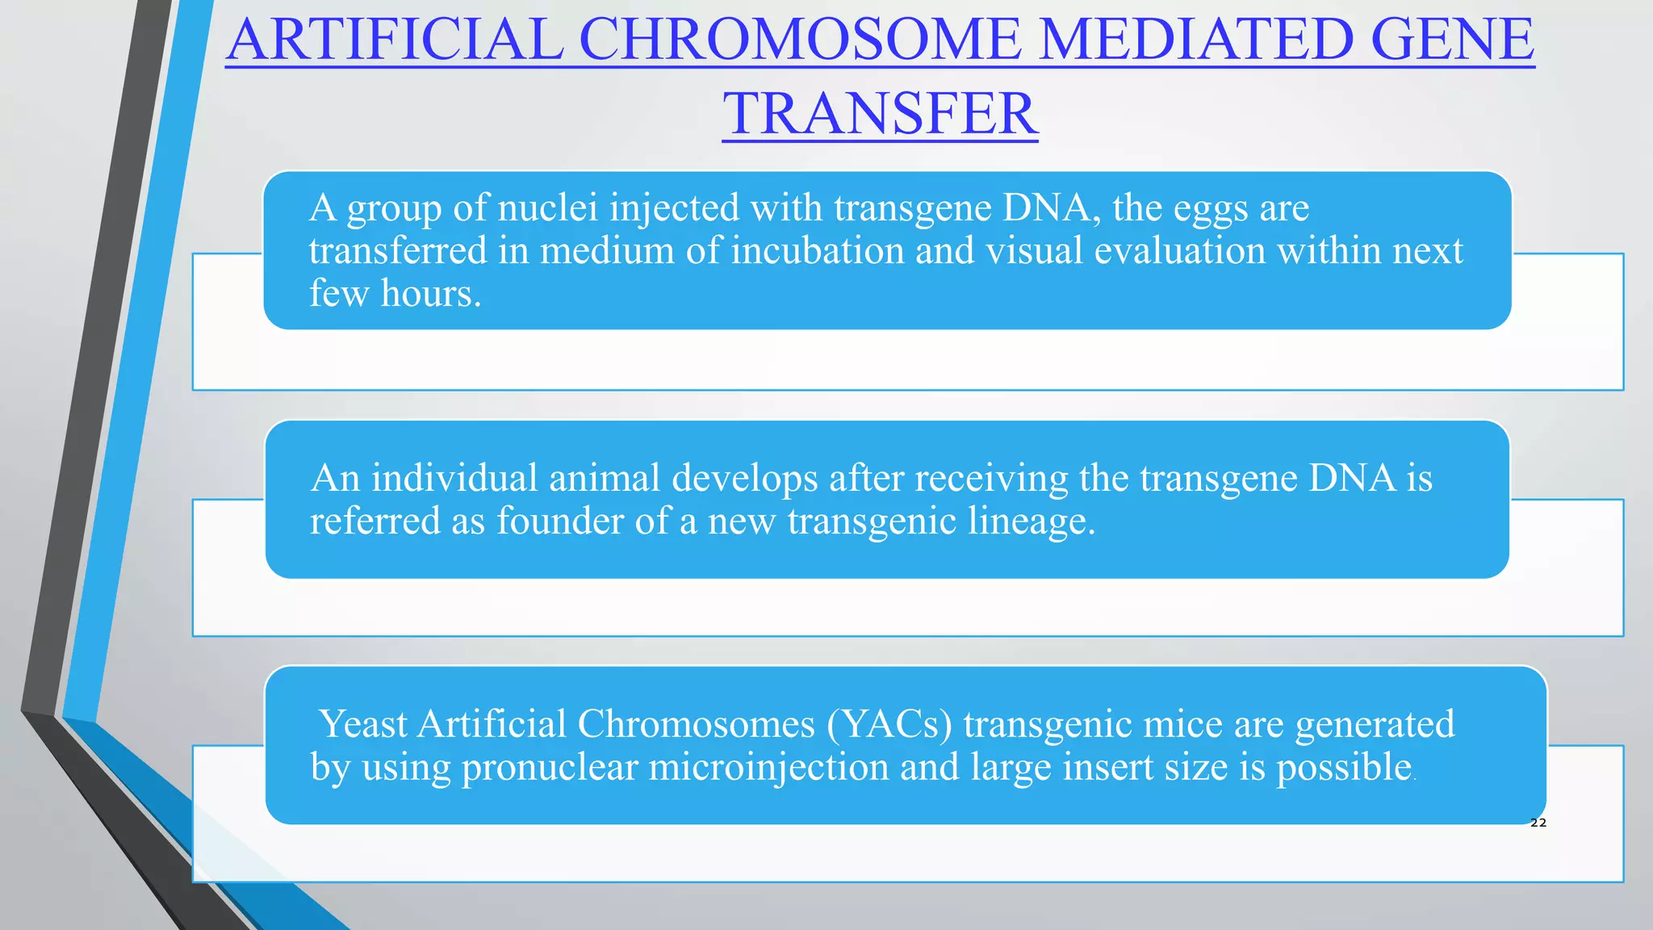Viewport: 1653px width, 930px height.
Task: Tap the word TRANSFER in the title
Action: coord(880,113)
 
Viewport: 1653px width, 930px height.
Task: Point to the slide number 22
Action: coord(1538,823)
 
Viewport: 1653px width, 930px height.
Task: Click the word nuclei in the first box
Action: coord(547,207)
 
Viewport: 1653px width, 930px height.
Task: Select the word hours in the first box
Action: coord(431,293)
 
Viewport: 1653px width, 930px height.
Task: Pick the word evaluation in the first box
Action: coord(1180,250)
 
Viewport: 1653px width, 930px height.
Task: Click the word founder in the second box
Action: coord(559,521)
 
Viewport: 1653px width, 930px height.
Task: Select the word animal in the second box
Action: coord(605,478)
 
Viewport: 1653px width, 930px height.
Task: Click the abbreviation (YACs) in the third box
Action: coord(889,724)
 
